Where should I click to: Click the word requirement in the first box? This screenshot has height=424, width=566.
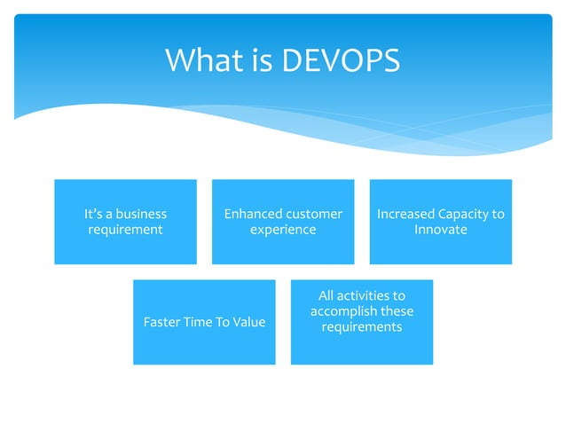125,230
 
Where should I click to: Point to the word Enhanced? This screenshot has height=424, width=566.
253,214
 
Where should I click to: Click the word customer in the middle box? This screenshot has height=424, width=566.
314,214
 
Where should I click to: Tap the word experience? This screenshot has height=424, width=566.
283,230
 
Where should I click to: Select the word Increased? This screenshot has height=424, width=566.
405,214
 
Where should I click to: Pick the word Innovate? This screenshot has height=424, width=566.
441,230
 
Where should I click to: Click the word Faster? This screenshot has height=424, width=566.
161,322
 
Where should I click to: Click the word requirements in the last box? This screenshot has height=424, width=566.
362,327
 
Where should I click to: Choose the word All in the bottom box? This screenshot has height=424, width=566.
327,295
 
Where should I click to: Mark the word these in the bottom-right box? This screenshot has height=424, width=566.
397,311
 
